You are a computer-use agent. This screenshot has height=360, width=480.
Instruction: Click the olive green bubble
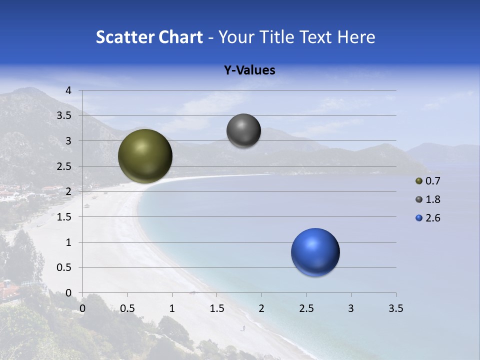click(x=145, y=156)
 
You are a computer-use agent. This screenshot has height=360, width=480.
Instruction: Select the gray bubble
click(x=243, y=131)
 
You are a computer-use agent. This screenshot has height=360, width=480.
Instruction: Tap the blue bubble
click(x=315, y=252)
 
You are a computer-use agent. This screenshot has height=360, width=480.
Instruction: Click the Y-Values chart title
click(x=249, y=70)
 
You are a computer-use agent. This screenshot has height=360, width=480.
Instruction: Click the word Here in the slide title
click(x=356, y=37)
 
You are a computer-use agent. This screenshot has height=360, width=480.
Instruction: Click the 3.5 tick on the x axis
click(x=395, y=309)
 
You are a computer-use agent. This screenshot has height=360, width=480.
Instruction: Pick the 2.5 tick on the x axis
click(x=306, y=309)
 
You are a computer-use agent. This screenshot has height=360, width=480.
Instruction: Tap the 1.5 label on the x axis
click(x=216, y=309)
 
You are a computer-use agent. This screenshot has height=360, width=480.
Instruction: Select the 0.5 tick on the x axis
click(x=127, y=309)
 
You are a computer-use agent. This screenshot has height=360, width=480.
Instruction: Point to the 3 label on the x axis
click(x=351, y=309)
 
